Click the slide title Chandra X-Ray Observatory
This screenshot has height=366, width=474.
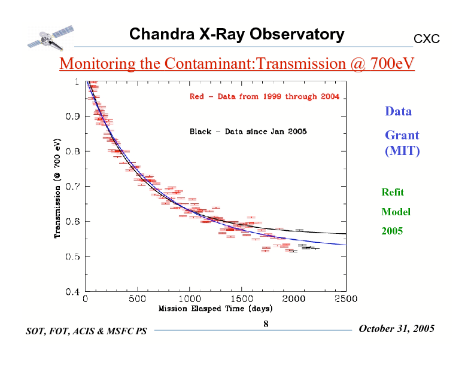(236, 34)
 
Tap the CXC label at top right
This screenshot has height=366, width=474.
(427, 39)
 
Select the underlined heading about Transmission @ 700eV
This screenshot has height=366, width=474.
(236, 63)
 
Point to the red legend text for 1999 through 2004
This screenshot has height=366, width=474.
(264, 96)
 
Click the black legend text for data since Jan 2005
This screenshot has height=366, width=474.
(248, 132)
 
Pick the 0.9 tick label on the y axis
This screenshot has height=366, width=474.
(73, 116)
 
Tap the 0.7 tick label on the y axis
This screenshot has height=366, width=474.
(73, 187)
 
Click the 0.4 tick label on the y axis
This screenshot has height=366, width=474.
(73, 292)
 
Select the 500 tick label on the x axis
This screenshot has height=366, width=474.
(138, 298)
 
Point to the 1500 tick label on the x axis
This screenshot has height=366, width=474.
(241, 298)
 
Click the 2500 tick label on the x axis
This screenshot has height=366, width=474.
(345, 298)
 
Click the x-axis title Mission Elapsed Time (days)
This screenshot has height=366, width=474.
(215, 309)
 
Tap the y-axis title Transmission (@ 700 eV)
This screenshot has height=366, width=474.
(57, 187)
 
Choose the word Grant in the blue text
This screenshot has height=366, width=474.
(402, 135)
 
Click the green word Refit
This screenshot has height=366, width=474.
(393, 192)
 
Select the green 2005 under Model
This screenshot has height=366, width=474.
(392, 230)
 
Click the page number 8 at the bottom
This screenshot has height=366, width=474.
(266, 324)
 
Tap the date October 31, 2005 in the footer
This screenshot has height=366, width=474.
(396, 329)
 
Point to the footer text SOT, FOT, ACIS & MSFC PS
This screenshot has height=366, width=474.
(86, 331)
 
